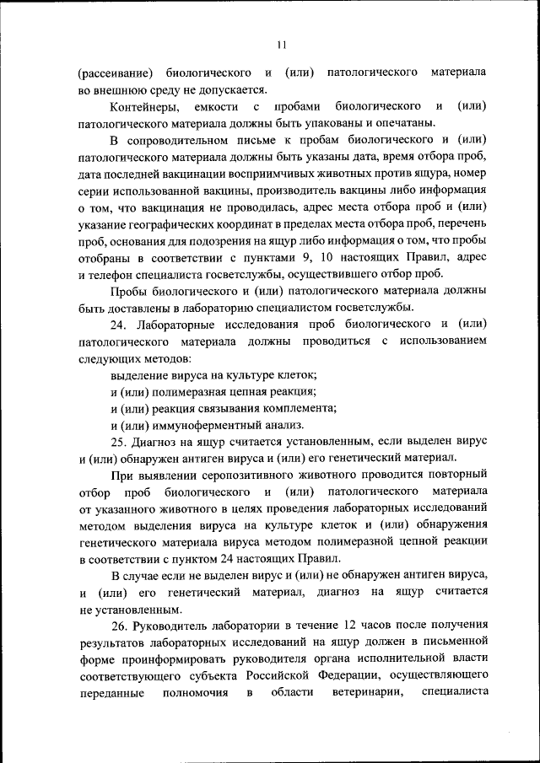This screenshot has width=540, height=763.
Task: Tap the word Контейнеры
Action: (144, 106)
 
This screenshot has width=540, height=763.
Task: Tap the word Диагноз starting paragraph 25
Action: (159, 441)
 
